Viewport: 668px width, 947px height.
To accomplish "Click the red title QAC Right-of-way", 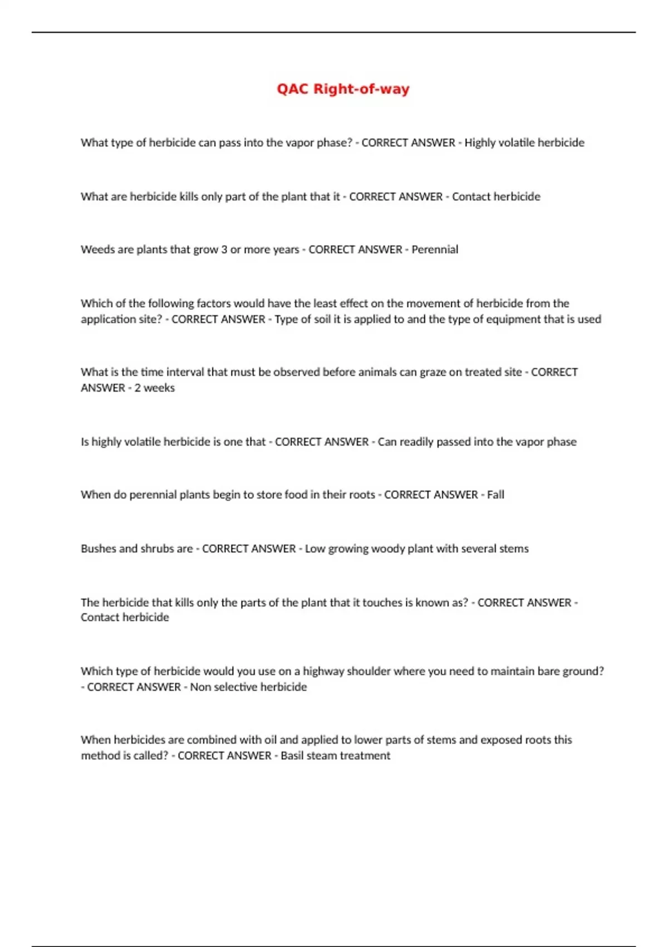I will click(343, 89).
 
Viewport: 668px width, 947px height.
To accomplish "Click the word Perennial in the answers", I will click(435, 250).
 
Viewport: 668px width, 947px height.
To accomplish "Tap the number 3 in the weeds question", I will click(224, 250).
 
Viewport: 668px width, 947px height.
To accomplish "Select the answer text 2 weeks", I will click(154, 388).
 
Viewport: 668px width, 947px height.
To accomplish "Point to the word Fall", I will click(495, 495).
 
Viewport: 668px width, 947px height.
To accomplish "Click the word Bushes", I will click(98, 549).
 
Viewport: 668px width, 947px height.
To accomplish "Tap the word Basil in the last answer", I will click(294, 756).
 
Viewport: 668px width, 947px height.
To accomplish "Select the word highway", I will click(323, 671).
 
